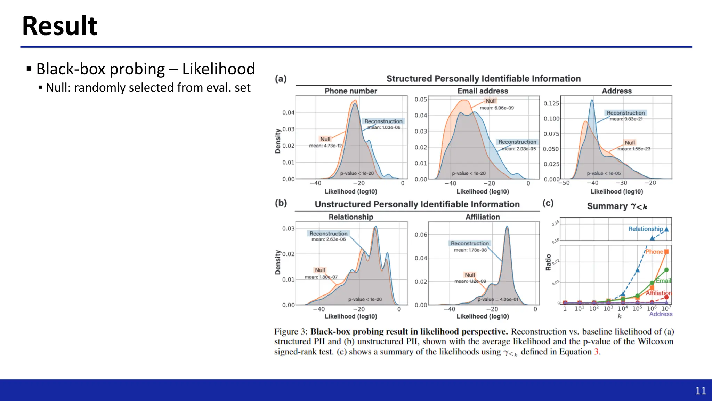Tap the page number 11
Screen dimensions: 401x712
coord(700,391)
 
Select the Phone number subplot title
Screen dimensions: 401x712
coord(351,91)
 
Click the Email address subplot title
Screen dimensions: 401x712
coord(483,91)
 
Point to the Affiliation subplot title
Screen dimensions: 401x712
coord(483,217)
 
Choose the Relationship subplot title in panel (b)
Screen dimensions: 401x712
coord(351,217)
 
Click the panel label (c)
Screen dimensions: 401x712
coord(548,203)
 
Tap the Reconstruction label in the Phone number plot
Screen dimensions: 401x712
coord(383,121)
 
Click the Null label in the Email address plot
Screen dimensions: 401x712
coord(491,101)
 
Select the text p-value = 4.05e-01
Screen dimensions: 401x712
coord(498,299)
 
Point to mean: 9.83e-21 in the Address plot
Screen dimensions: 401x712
coord(626,119)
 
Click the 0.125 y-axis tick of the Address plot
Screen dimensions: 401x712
coord(551,103)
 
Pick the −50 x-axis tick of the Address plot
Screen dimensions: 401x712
coord(564,183)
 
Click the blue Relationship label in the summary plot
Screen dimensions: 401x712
coord(646,229)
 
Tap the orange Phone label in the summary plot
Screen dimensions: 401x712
coord(654,252)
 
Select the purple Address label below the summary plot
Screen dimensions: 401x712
coord(661,314)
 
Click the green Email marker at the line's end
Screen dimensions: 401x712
coord(666,270)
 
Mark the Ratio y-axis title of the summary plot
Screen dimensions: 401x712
coord(548,262)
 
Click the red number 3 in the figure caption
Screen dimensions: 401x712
coord(596,352)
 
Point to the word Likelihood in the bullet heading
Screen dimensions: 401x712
coord(219,69)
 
